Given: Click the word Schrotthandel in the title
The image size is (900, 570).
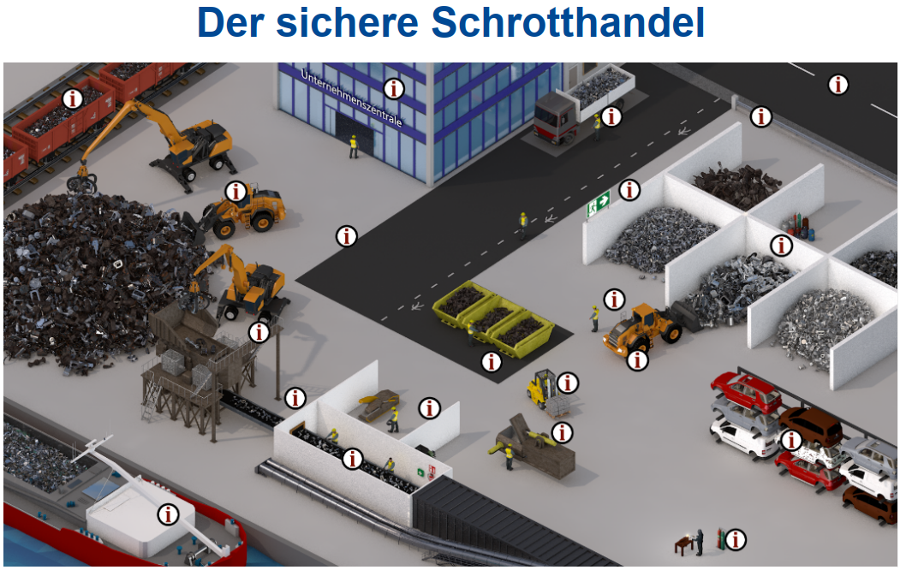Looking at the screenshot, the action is [567, 23].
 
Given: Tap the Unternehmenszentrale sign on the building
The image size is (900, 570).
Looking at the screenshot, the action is [351, 98].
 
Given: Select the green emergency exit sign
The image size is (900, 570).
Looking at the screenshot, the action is [598, 205].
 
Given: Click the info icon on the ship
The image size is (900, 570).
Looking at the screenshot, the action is [168, 514].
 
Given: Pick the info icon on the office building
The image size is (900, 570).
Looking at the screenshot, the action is [394, 88].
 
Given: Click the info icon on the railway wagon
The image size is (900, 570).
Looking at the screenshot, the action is [72, 98].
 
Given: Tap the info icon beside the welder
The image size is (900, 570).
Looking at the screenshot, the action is [736, 539].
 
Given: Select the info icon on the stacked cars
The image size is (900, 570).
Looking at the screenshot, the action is [791, 440].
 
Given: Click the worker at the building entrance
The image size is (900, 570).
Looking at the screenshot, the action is [354, 147].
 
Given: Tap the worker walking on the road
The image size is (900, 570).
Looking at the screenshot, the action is [523, 225].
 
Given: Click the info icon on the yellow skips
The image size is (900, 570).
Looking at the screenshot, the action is [492, 361].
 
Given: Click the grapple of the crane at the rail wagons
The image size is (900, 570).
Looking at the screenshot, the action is [81, 182].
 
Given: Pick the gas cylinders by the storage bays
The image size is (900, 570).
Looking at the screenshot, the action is [799, 226].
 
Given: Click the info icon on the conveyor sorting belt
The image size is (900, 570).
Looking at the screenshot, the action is [353, 458].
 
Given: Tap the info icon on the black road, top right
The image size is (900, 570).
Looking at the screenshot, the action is [838, 84].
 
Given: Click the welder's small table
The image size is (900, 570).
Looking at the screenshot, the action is [683, 544].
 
